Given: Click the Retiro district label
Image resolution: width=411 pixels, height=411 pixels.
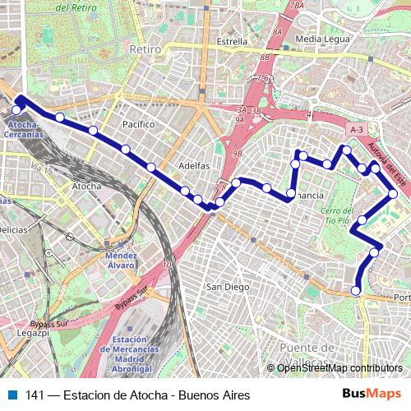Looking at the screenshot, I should coord(143,49).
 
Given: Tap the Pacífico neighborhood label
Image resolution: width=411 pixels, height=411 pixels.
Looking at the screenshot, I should coord(138,124).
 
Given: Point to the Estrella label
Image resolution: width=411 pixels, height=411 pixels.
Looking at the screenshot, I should coord(233,40).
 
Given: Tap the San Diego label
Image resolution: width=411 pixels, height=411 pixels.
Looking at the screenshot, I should coord(227,287).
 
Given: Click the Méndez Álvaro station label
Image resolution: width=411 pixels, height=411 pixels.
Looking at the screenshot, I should coord(121,261).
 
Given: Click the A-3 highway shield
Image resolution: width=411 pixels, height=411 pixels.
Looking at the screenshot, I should coord(356,130).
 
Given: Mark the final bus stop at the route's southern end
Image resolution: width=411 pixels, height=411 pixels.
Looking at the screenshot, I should coord(356,290).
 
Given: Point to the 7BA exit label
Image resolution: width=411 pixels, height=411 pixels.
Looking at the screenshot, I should coord(297,6).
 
